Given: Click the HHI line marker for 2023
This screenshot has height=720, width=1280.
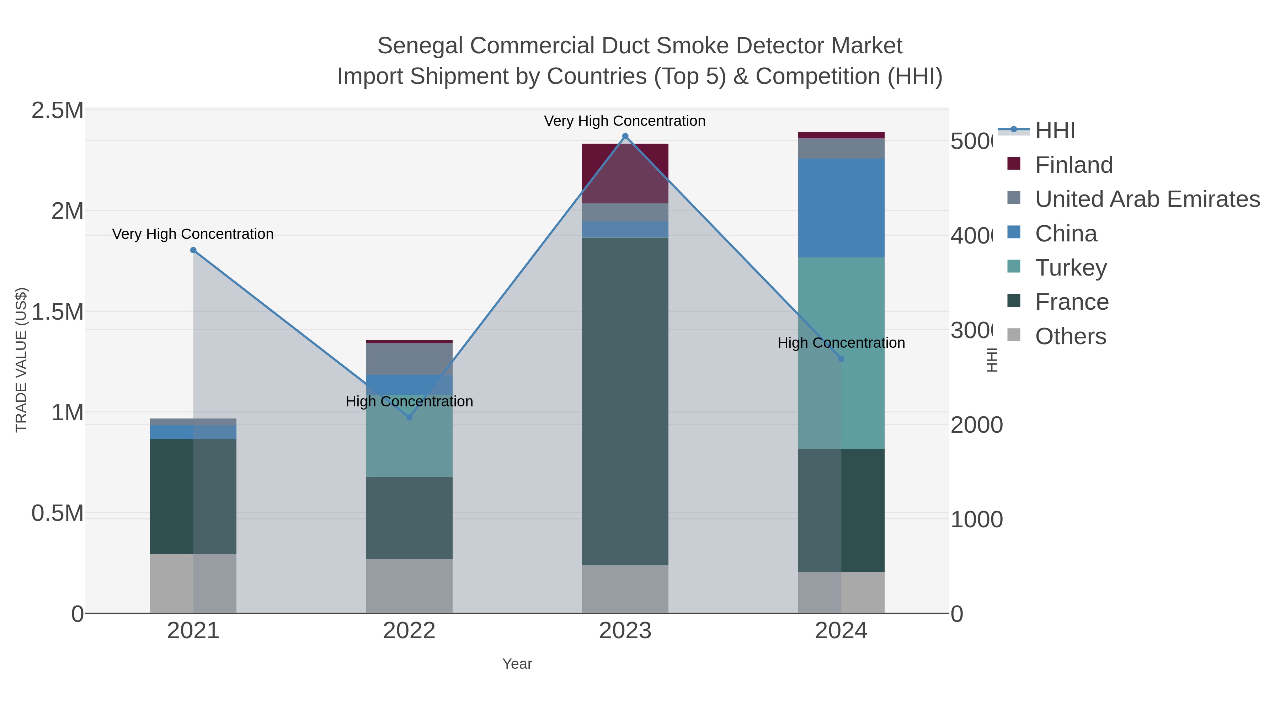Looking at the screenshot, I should (625, 136).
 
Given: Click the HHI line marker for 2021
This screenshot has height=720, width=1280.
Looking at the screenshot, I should (193, 250).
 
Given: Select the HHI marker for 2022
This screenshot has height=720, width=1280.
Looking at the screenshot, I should (410, 417).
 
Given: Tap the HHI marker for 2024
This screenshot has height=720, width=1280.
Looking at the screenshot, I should (841, 359).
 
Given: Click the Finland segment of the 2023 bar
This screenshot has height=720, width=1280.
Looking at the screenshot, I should (625, 173).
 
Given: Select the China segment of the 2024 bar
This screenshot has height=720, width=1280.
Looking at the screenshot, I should (841, 208).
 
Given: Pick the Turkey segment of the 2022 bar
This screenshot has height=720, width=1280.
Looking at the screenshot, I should (410, 436).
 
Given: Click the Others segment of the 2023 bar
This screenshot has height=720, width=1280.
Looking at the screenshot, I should (625, 589).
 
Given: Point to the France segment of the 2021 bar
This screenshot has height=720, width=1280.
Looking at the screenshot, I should (193, 496).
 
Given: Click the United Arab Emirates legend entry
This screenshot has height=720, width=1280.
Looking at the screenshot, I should (1147, 199).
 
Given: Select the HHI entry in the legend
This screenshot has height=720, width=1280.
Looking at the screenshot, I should (1055, 131).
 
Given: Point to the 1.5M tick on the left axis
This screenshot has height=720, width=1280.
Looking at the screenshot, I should (58, 312).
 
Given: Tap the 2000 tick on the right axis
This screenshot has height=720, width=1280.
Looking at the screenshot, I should (976, 425).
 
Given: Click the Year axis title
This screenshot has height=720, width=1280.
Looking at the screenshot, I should (517, 664).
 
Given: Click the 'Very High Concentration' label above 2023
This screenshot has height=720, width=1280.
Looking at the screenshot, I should (625, 121).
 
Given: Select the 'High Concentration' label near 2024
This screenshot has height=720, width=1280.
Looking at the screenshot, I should (841, 342).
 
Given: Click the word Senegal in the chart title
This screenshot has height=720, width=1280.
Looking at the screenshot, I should (420, 46).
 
